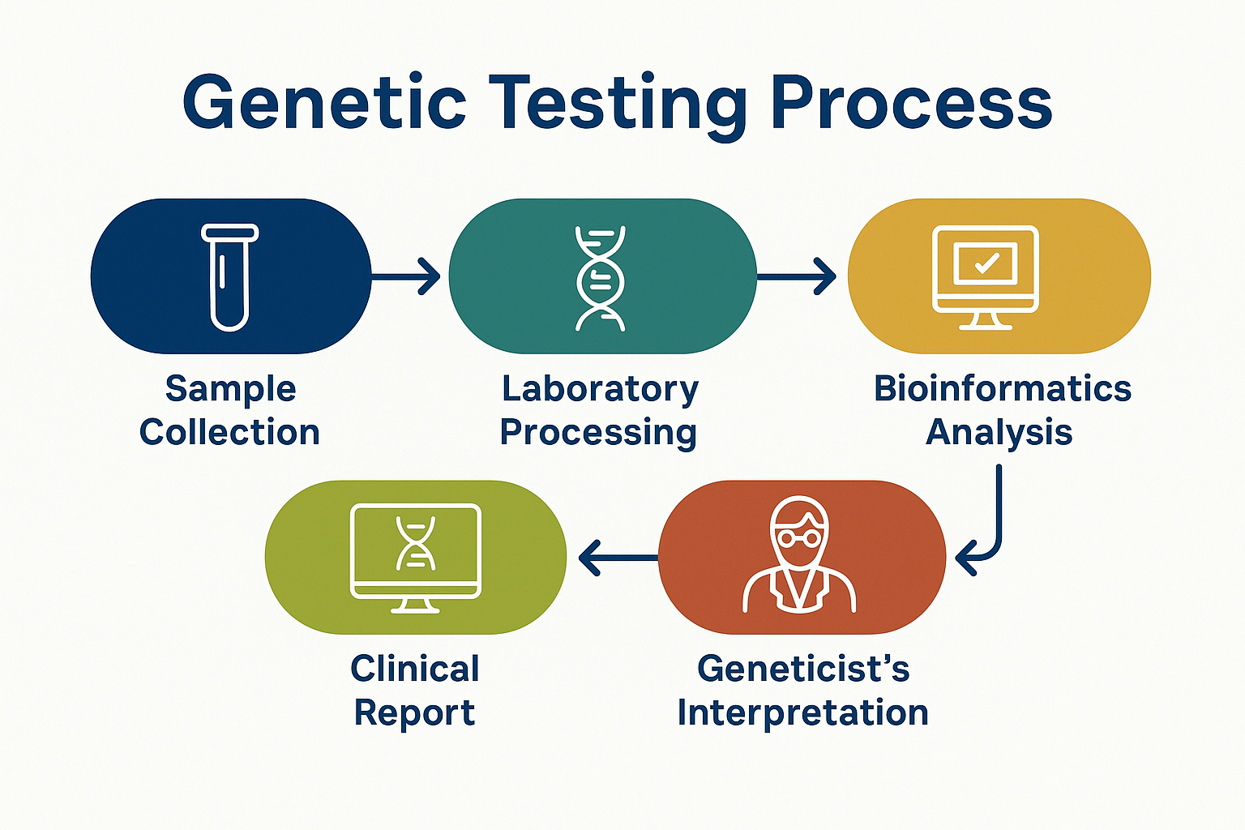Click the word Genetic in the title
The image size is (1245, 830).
point(324,104)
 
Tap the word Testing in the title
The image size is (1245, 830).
point(619,104)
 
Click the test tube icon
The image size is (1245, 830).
point(230,277)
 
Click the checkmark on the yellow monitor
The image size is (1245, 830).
point(986,263)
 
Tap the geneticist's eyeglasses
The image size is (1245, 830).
point(799,537)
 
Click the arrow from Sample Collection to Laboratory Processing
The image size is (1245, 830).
point(405,276)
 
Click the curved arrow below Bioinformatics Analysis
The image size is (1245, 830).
point(990,527)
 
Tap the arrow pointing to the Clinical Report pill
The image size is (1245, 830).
point(616,558)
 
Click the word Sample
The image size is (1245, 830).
point(231,389)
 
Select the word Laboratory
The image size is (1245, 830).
point(600,389)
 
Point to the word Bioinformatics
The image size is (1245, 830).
point(1003,389)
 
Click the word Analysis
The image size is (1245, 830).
point(999,433)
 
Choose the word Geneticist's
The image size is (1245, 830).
point(803,670)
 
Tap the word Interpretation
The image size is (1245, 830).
point(803,713)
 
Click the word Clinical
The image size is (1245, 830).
point(415,670)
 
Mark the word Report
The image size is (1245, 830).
point(415,713)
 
